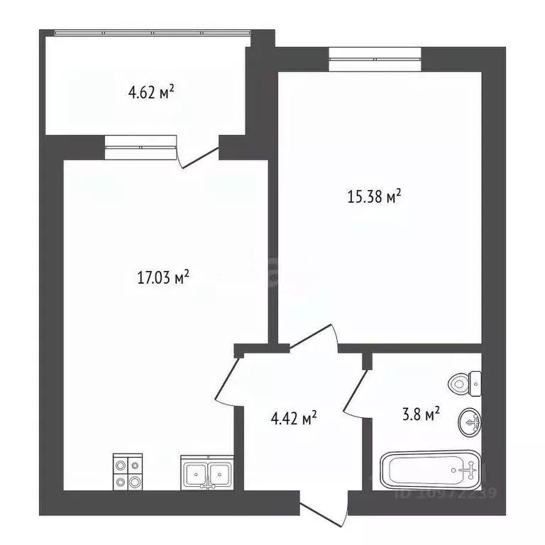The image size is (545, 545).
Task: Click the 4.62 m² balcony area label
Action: [x=150, y=92]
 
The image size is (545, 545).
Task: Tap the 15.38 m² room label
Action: [x=375, y=197]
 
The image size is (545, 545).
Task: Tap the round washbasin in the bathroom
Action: [x=470, y=422]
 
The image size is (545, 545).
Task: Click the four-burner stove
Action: [x=128, y=472]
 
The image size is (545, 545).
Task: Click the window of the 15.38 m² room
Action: [x=375, y=58]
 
